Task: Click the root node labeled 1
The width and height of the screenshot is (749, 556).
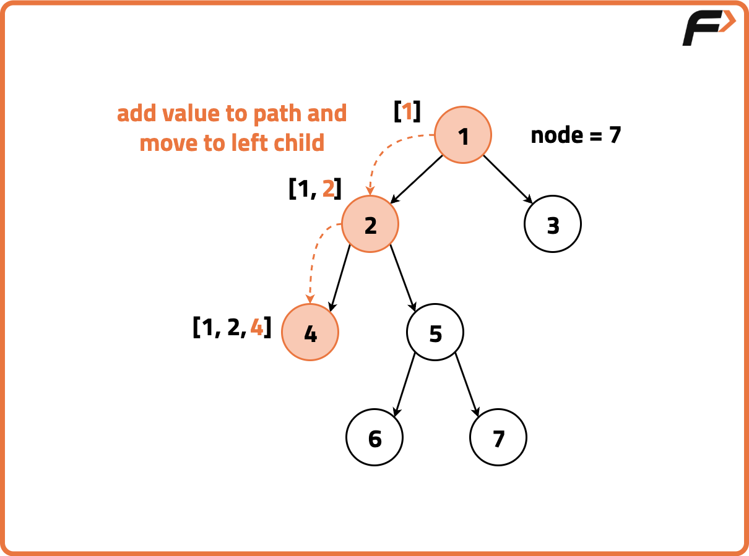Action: pyautogui.click(x=463, y=135)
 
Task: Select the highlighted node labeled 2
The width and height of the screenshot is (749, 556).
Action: pyautogui.click(x=370, y=224)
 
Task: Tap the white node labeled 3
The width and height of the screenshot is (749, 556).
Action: pyautogui.click(x=553, y=224)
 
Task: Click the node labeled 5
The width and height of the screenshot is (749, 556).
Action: pyautogui.click(x=435, y=333)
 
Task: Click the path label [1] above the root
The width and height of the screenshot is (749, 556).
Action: pyautogui.click(x=407, y=111)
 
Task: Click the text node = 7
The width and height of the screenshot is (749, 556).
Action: pyautogui.click(x=576, y=135)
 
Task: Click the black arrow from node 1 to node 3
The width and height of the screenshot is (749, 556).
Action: pyautogui.click(x=508, y=179)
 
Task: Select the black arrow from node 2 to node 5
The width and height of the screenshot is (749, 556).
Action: pyautogui.click(x=403, y=277)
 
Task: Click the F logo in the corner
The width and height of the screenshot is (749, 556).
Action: pyautogui.click(x=708, y=28)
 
